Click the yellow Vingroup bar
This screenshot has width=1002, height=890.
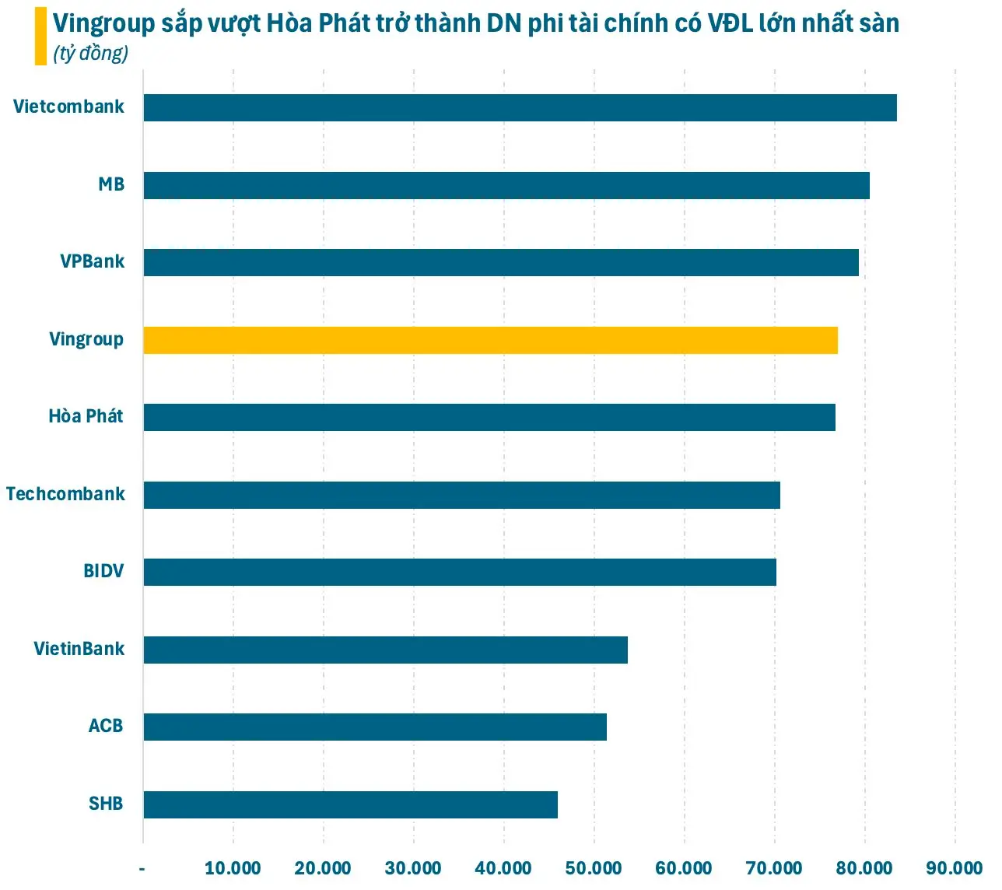(x=490, y=341)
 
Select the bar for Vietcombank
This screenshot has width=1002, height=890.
(x=520, y=108)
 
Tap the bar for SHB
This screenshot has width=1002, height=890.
(x=350, y=804)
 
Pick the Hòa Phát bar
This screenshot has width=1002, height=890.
(x=489, y=418)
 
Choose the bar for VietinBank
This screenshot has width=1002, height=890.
(x=385, y=650)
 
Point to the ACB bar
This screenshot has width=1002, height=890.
(x=375, y=727)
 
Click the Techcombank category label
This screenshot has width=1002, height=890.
(x=65, y=494)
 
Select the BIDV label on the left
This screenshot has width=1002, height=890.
(x=103, y=571)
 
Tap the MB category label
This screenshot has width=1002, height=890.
(x=111, y=184)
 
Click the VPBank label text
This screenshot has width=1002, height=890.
(x=92, y=261)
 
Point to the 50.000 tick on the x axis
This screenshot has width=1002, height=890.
(x=594, y=868)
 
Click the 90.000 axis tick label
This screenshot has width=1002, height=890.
(x=955, y=868)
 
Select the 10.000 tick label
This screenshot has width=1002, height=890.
(x=233, y=868)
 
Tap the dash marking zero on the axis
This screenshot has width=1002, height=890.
(x=142, y=868)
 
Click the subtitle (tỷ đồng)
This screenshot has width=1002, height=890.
(x=91, y=54)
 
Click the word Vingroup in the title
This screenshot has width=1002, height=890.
(x=104, y=23)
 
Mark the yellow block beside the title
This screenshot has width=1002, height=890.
(x=40, y=36)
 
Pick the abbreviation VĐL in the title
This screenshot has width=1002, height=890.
(x=730, y=23)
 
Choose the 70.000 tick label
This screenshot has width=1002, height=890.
(x=774, y=868)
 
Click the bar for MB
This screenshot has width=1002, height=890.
(x=506, y=186)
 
